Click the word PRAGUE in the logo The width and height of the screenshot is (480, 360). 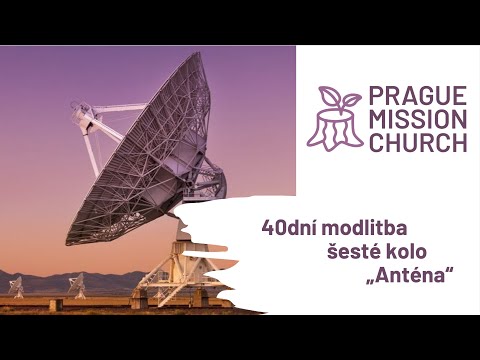pyautogui.click(x=417, y=97)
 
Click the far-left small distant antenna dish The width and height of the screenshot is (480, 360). pyautogui.click(x=17, y=286)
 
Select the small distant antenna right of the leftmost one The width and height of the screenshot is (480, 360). pyautogui.click(x=77, y=285)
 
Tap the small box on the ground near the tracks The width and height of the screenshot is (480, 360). pyautogui.click(x=56, y=303)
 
